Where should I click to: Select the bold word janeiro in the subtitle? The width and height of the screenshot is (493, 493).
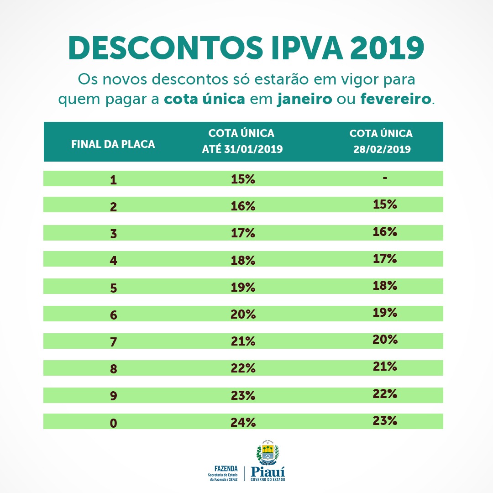[x=304, y=99]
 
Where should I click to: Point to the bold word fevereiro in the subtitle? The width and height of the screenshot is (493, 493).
[x=395, y=99]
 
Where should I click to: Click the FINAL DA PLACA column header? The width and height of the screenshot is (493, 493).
[x=113, y=144]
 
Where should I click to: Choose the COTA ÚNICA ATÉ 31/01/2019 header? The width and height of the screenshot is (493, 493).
[x=241, y=141]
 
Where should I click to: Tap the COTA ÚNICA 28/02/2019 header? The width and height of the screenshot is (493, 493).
[x=381, y=141]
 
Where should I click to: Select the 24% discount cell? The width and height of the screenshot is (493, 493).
[x=243, y=422]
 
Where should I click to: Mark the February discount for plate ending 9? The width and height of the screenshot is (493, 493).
[x=385, y=393]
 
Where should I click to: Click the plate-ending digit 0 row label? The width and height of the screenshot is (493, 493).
[x=113, y=423]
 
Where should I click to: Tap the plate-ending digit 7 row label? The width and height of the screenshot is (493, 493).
[x=113, y=341]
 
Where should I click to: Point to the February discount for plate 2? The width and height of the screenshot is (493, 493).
[x=385, y=204]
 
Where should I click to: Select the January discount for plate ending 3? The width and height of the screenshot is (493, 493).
[x=243, y=233]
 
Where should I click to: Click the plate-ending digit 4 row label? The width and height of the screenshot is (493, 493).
[x=113, y=260]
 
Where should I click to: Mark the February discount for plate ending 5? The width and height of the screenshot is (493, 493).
[x=385, y=285]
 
